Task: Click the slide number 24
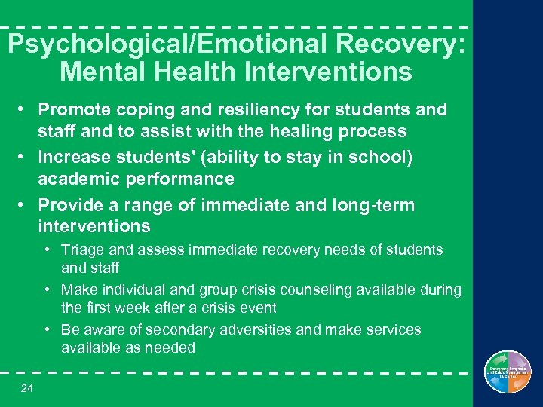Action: (28, 389)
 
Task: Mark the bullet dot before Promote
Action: (24, 110)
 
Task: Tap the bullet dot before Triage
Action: (48, 249)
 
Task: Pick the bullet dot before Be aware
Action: (48, 329)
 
